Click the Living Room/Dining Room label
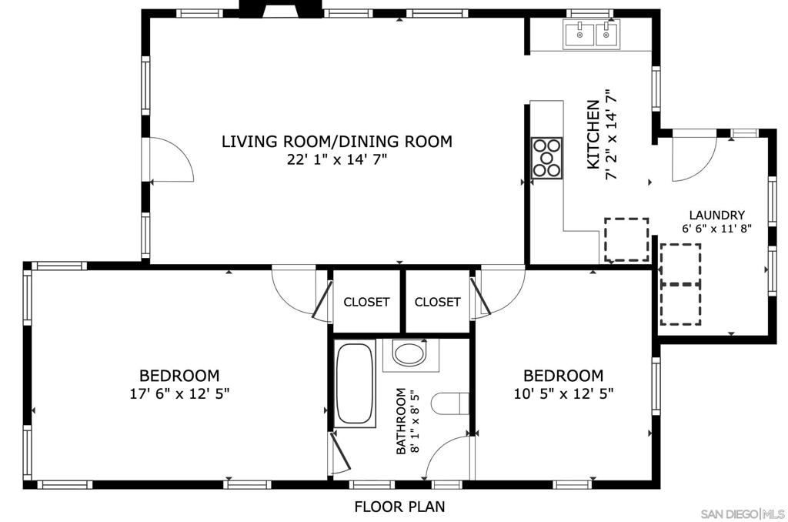click(337, 142)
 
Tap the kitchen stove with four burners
click(547, 158)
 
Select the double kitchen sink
click(592, 34)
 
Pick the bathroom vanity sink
click(411, 354)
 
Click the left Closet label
click(366, 303)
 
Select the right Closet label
click(437, 302)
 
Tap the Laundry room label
click(716, 216)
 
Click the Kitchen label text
click(593, 134)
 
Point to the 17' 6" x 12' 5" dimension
click(179, 393)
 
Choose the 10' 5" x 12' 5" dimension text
click(563, 393)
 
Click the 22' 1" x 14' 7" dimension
click(337, 160)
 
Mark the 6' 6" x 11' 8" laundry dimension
click(716, 229)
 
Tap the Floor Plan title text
click(399, 507)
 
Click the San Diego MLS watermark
click(743, 514)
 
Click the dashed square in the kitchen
click(626, 239)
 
